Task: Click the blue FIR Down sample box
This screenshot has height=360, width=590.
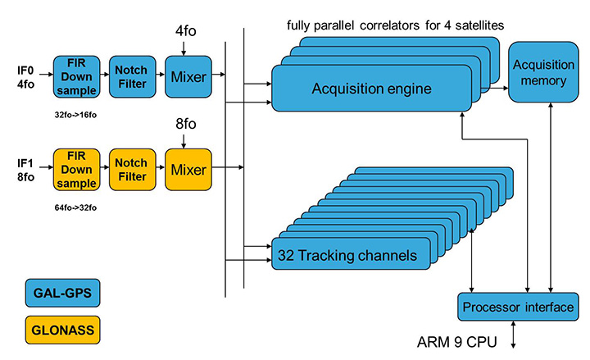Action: click(75, 77)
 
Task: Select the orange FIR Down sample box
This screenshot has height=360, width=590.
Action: click(75, 169)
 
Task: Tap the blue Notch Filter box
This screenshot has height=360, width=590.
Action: click(132, 77)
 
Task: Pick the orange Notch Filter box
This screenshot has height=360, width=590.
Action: click(132, 169)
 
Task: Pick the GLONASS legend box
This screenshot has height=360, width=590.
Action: click(61, 332)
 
